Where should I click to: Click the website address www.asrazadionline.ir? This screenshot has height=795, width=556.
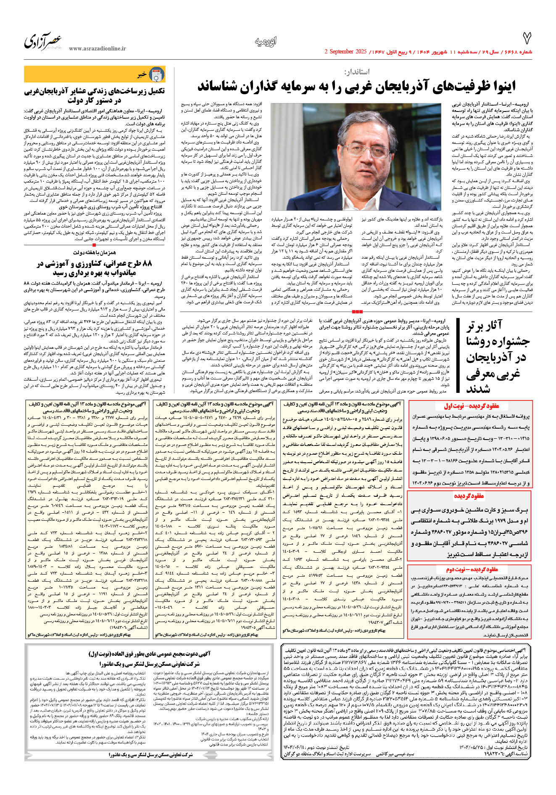[x=97, y=49]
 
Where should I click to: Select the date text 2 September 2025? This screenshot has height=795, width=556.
[x=345, y=52]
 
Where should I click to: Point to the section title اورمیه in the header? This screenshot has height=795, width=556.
[x=266, y=42]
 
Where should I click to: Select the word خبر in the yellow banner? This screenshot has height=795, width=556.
[x=142, y=75]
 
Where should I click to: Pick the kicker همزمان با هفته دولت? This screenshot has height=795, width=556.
[x=94, y=252]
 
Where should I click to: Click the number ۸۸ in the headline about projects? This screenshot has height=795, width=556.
[x=147, y=264]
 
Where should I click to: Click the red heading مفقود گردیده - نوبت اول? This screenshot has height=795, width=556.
[x=472, y=406]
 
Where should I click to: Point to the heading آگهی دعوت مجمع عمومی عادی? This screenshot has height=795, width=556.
[x=149, y=654]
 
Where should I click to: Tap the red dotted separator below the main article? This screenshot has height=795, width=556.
[x=357, y=311]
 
